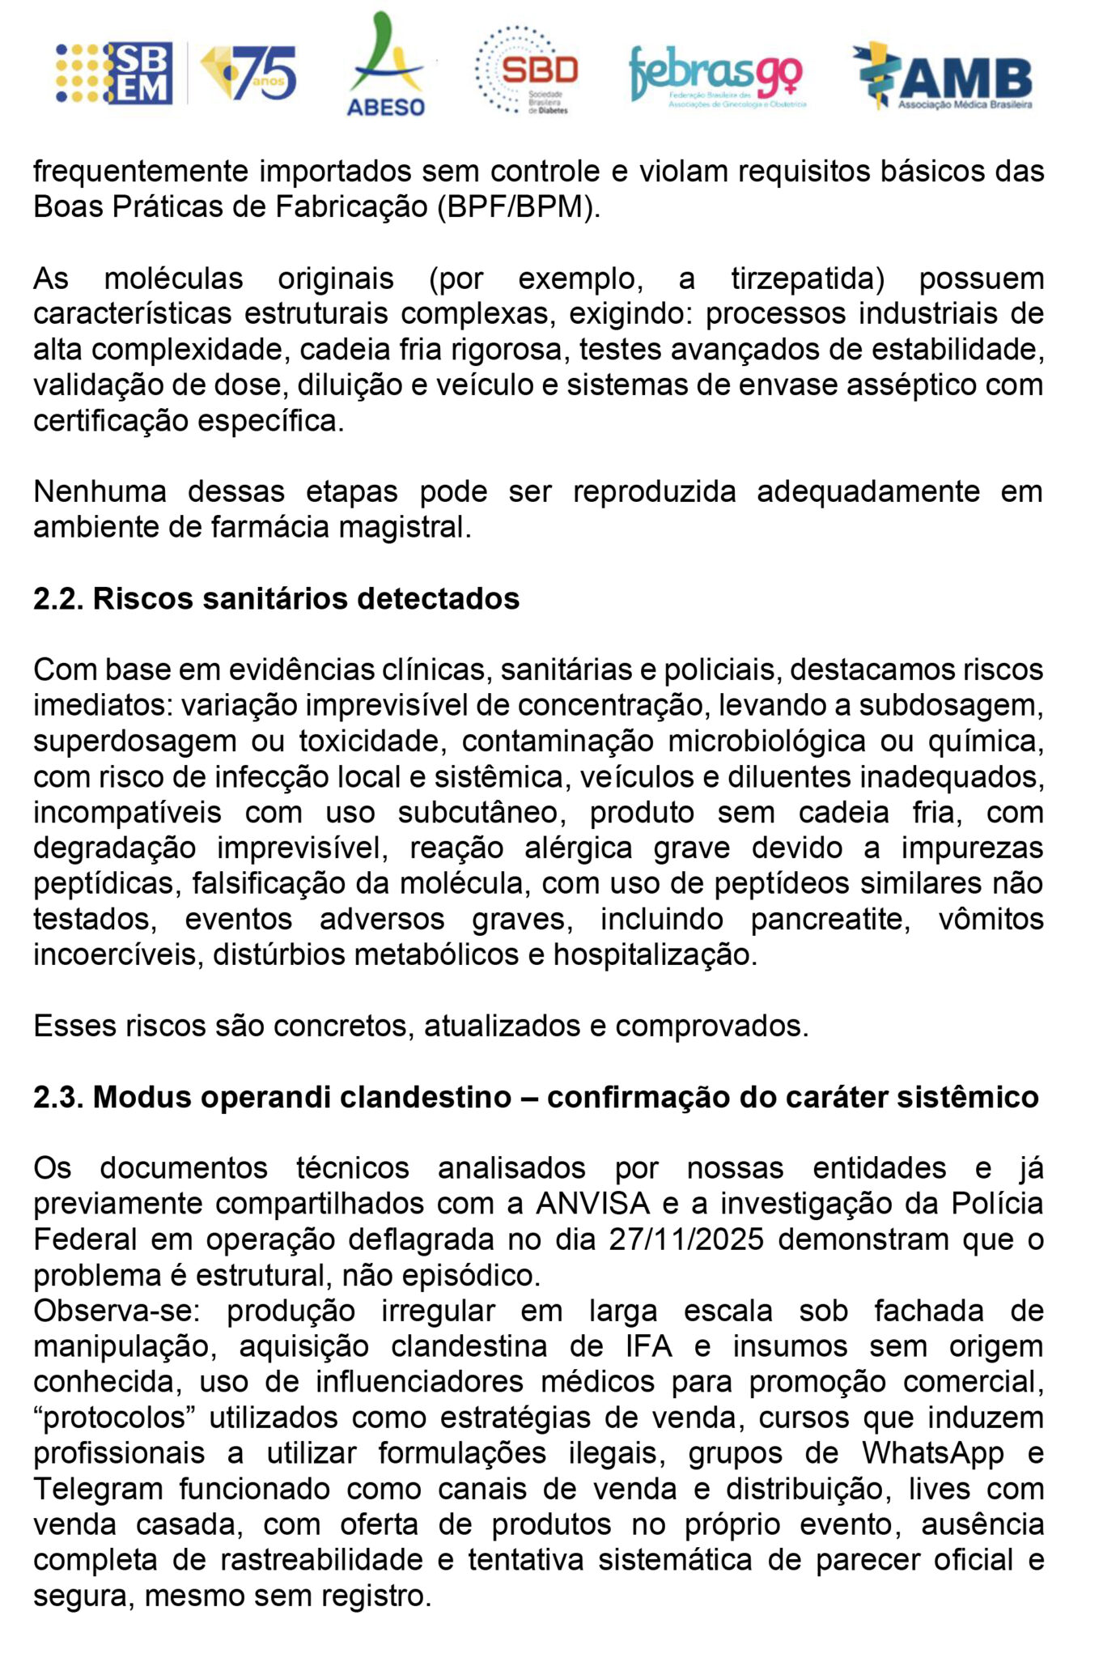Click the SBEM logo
pyautogui.click(x=115, y=73)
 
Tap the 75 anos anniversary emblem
pyautogui.click(x=249, y=73)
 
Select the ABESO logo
pyautogui.click(x=386, y=65)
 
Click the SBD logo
pyautogui.click(x=527, y=70)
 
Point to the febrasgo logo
pyautogui.click(x=716, y=75)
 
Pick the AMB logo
pyautogui.click(x=944, y=75)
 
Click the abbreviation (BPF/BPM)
pyautogui.click(x=518, y=207)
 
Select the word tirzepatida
pyautogui.click(x=807, y=278)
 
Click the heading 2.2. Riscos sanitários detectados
pyautogui.click(x=276, y=599)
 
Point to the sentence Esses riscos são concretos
pyautogui.click(x=421, y=1026)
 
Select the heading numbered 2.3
pyautogui.click(x=536, y=1097)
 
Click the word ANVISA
pyautogui.click(x=592, y=1204)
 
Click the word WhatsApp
pyautogui.click(x=932, y=1453)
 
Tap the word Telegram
pyautogui.click(x=98, y=1489)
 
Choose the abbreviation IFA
pyautogui.click(x=648, y=1346)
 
